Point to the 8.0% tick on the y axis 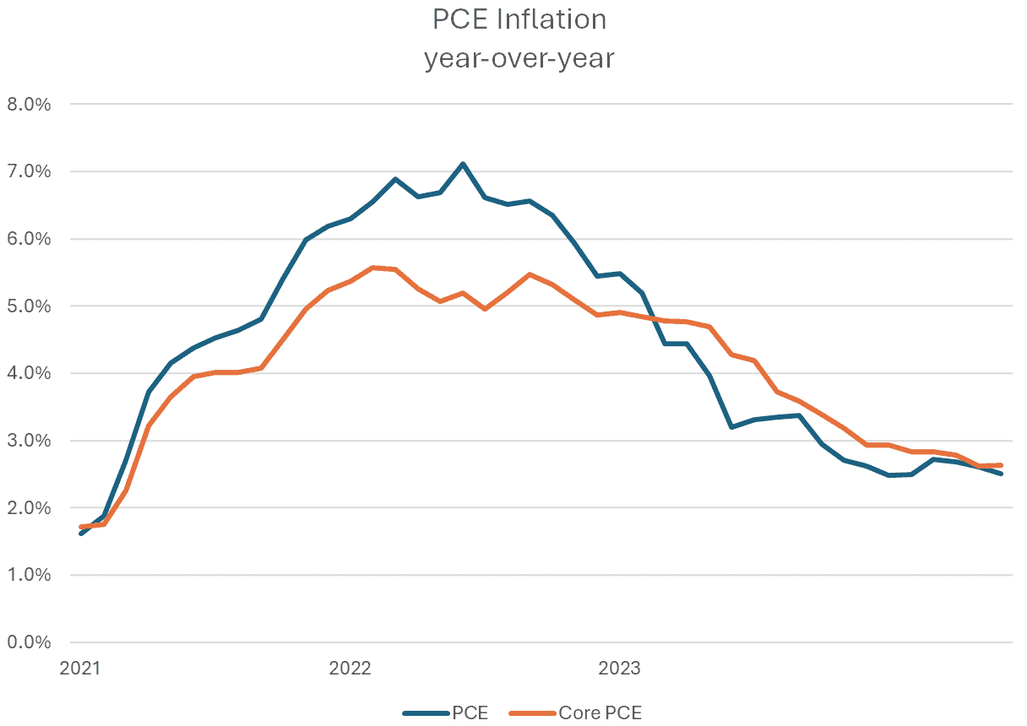tap(30, 105)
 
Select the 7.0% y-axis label tap(30, 172)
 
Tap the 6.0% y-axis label tap(30, 239)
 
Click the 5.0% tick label tap(30, 306)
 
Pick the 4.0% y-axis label tap(30, 373)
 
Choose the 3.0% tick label tap(30, 441)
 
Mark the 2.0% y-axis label tap(30, 508)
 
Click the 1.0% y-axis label tap(30, 575)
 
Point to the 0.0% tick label tap(30, 642)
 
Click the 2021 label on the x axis tap(80, 669)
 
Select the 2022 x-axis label tap(350, 669)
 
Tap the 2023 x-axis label tap(619, 669)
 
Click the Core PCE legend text tap(600, 712)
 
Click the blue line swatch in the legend tap(426, 712)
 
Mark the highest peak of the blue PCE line tap(463, 164)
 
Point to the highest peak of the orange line tap(372, 268)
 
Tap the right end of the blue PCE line tap(1002, 474)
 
